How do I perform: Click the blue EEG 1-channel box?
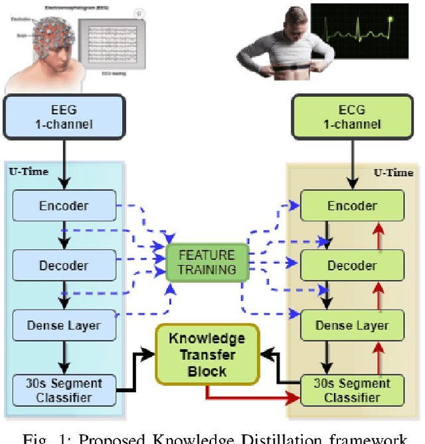pyautogui.click(x=64, y=118)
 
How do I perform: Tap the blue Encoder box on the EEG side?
pyautogui.click(x=64, y=205)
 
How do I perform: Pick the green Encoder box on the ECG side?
pyautogui.click(x=352, y=206)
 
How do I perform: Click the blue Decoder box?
pyautogui.click(x=64, y=265)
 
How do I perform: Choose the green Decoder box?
pyautogui.click(x=352, y=266)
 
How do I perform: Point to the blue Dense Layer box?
pyautogui.click(x=64, y=325)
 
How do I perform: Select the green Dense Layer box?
pyautogui.click(x=352, y=325)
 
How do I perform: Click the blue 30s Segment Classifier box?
pyautogui.click(x=64, y=390)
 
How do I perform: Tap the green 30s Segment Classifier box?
pyautogui.click(x=352, y=390)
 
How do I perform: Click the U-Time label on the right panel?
pyautogui.click(x=393, y=172)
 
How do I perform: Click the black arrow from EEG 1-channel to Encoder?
pyautogui.click(x=64, y=166)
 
